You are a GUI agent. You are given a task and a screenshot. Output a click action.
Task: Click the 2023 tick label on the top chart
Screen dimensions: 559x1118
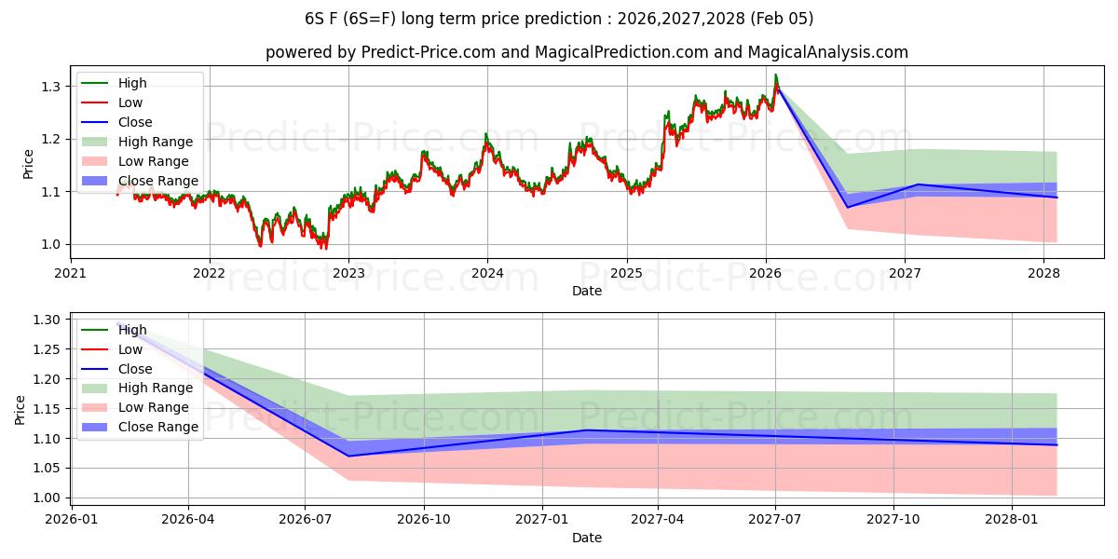tap(348, 273)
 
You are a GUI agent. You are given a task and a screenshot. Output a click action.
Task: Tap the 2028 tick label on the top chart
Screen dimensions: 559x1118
tap(1043, 273)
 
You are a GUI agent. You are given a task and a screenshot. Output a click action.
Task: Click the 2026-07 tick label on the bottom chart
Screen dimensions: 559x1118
tap(306, 520)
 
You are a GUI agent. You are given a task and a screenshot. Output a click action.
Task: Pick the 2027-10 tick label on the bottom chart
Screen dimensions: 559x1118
tap(893, 520)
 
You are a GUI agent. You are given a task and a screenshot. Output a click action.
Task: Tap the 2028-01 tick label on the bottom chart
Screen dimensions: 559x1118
tap(1011, 520)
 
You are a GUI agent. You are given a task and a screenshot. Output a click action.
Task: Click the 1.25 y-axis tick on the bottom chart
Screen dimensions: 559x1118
tap(46, 349)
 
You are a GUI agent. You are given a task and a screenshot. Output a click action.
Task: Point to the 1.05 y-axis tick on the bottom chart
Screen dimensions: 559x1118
tap(46, 468)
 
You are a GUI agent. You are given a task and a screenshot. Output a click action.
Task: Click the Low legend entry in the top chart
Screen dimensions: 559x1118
tap(130, 102)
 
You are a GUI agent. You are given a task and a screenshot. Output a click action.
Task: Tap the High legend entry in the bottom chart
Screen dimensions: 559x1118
tap(132, 330)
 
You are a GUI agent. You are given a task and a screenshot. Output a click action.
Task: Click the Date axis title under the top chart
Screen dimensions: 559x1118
tap(587, 291)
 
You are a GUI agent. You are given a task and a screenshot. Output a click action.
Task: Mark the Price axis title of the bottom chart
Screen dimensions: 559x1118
tap(20, 410)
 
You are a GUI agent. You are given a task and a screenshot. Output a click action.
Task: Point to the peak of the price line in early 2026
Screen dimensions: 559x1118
tap(775, 75)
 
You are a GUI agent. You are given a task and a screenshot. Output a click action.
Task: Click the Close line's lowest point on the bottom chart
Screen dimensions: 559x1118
tap(349, 456)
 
